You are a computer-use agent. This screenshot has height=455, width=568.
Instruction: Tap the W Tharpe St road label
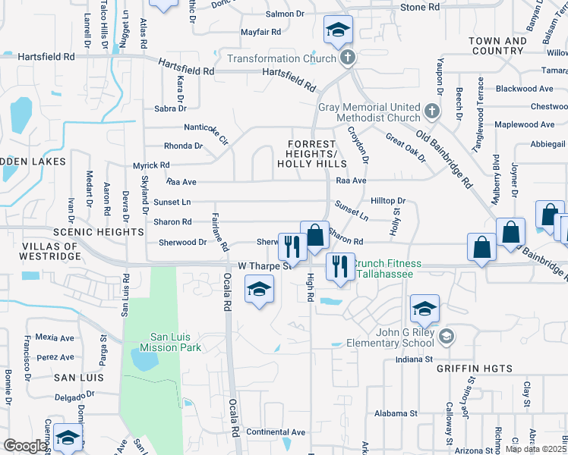pos(265,266)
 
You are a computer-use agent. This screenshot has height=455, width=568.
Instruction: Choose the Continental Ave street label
pos(276,432)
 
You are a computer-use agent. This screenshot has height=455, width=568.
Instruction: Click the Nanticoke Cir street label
pos(206,133)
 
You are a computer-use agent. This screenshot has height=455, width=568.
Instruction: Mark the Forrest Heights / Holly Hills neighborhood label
pos(317,154)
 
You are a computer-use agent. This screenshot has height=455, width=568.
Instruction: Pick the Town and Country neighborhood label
pos(498,45)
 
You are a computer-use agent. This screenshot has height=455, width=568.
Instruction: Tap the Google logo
pos(25,446)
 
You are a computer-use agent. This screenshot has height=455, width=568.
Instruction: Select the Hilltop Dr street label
pos(390,201)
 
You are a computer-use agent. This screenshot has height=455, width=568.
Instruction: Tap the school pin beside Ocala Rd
pos(259,289)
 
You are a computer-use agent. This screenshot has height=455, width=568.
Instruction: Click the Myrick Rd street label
pos(151,165)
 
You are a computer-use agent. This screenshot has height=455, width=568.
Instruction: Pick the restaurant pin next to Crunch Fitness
pos(339,266)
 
